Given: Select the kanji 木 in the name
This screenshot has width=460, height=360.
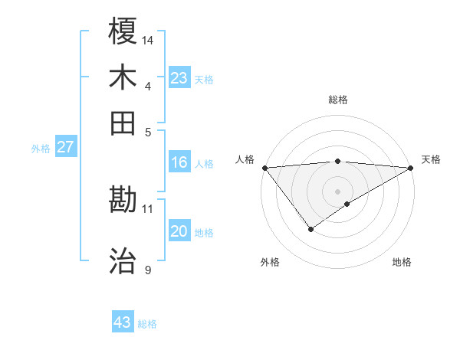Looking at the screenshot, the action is point(123,77).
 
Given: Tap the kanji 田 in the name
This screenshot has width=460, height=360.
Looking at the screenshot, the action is point(123,123).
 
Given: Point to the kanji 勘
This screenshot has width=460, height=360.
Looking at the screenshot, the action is point(123,200).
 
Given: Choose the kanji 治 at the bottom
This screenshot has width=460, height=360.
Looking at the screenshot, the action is point(123,261).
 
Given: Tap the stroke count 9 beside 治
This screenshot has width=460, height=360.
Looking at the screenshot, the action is point(148,270).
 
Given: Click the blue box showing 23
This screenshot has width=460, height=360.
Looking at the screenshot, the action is point(179,77).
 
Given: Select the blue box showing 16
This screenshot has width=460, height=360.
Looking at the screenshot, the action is point(179,162).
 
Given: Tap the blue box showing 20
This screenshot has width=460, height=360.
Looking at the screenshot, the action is point(179,231).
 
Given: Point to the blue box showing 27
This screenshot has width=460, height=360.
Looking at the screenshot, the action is point(66,147).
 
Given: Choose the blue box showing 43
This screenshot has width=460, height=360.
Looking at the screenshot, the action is point(123,322).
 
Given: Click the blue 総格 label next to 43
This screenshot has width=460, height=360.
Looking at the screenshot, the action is point(147,324).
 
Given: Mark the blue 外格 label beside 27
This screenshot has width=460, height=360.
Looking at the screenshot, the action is point(40,149).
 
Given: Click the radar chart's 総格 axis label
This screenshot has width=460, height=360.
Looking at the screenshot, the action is point(337,100).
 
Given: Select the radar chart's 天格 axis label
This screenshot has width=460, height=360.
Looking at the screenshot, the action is point(431,159).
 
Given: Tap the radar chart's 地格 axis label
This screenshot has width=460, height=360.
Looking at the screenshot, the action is point(402,262).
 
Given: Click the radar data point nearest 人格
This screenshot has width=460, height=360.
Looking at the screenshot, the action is point(264,167).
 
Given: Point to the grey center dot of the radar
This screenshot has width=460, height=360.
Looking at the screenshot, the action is point(337,191).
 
